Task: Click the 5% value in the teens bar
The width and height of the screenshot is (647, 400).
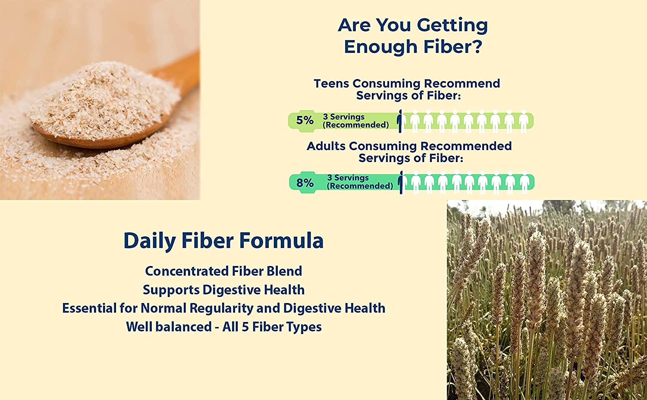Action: (305, 120)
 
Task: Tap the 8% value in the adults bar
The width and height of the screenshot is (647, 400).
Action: (305, 183)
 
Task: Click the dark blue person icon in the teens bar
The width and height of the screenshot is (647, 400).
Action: (400, 121)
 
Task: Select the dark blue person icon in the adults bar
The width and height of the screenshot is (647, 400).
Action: (401, 182)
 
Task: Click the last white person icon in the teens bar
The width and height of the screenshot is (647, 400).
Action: (523, 121)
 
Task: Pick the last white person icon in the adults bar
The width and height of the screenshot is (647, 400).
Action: (524, 182)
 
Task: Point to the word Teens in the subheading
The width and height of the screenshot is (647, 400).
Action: (331, 83)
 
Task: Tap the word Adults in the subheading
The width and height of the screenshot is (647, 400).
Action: (326, 146)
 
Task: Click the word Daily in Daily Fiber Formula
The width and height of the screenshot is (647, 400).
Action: (149, 241)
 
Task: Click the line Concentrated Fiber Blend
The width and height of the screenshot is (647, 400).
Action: (223, 271)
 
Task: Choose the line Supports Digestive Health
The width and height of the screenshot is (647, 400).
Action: (223, 290)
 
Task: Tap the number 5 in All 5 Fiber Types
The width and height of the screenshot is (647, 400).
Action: (245, 327)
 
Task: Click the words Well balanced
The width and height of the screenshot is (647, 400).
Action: (169, 327)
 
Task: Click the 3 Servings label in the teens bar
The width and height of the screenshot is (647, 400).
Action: (344, 116)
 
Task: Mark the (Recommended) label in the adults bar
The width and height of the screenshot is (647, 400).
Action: (360, 186)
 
